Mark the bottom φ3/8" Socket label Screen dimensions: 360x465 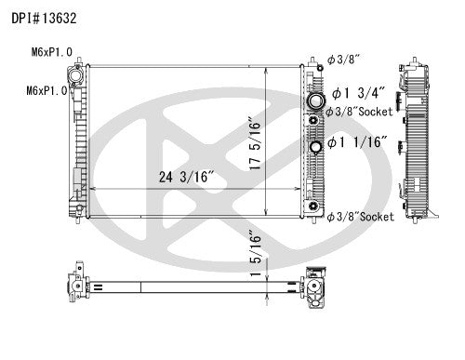(x=360, y=216)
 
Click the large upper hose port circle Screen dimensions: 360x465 (x=315, y=100)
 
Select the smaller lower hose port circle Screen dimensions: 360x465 (x=316, y=146)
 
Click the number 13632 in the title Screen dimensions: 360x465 (x=64, y=16)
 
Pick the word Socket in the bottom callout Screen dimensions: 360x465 (x=376, y=216)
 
